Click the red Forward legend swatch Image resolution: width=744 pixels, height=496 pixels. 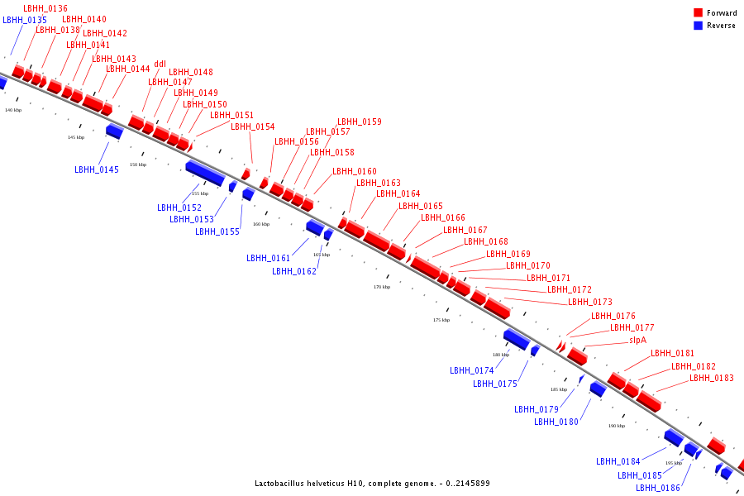click(699, 13)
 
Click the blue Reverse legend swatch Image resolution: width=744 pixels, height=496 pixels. click(699, 26)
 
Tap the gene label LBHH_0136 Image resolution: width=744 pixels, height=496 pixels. click(45, 8)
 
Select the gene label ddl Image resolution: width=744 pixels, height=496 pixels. click(160, 64)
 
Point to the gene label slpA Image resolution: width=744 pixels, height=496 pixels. click(637, 340)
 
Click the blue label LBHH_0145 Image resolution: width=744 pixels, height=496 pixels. click(97, 169)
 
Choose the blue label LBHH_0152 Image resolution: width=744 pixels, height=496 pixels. click(179, 207)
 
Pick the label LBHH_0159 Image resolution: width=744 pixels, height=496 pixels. click(360, 122)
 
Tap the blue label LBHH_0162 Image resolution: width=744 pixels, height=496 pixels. click(294, 271)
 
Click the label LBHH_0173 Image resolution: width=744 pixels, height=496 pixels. click(590, 303)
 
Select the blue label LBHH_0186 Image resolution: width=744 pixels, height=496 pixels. click(658, 488)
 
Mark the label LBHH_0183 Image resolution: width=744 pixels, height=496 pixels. click(712, 378)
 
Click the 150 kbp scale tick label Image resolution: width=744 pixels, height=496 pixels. click(137, 165)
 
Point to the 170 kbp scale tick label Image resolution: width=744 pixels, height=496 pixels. click(381, 287)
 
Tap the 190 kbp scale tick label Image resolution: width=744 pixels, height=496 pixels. click(617, 426)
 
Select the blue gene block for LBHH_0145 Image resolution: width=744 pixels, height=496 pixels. click(114, 131)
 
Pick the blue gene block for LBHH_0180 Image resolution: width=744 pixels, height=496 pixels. click(597, 389)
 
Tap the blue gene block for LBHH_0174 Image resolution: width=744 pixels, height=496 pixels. click(517, 338)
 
